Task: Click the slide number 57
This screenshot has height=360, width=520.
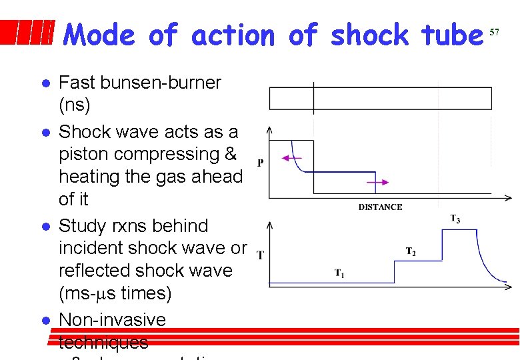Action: [494, 31]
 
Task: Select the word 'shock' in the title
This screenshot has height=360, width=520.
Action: [369, 35]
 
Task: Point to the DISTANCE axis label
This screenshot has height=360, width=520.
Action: [380, 207]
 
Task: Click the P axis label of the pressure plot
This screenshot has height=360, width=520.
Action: [259, 162]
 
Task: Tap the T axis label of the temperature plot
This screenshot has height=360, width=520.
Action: [259, 255]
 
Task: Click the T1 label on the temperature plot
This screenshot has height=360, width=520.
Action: [339, 273]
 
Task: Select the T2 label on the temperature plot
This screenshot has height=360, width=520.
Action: [411, 251]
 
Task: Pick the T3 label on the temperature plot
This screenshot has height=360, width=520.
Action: [455, 218]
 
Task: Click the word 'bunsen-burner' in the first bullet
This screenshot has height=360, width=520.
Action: [157, 83]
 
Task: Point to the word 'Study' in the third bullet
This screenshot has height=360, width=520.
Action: [84, 226]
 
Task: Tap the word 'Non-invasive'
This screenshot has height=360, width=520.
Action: [112, 320]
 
